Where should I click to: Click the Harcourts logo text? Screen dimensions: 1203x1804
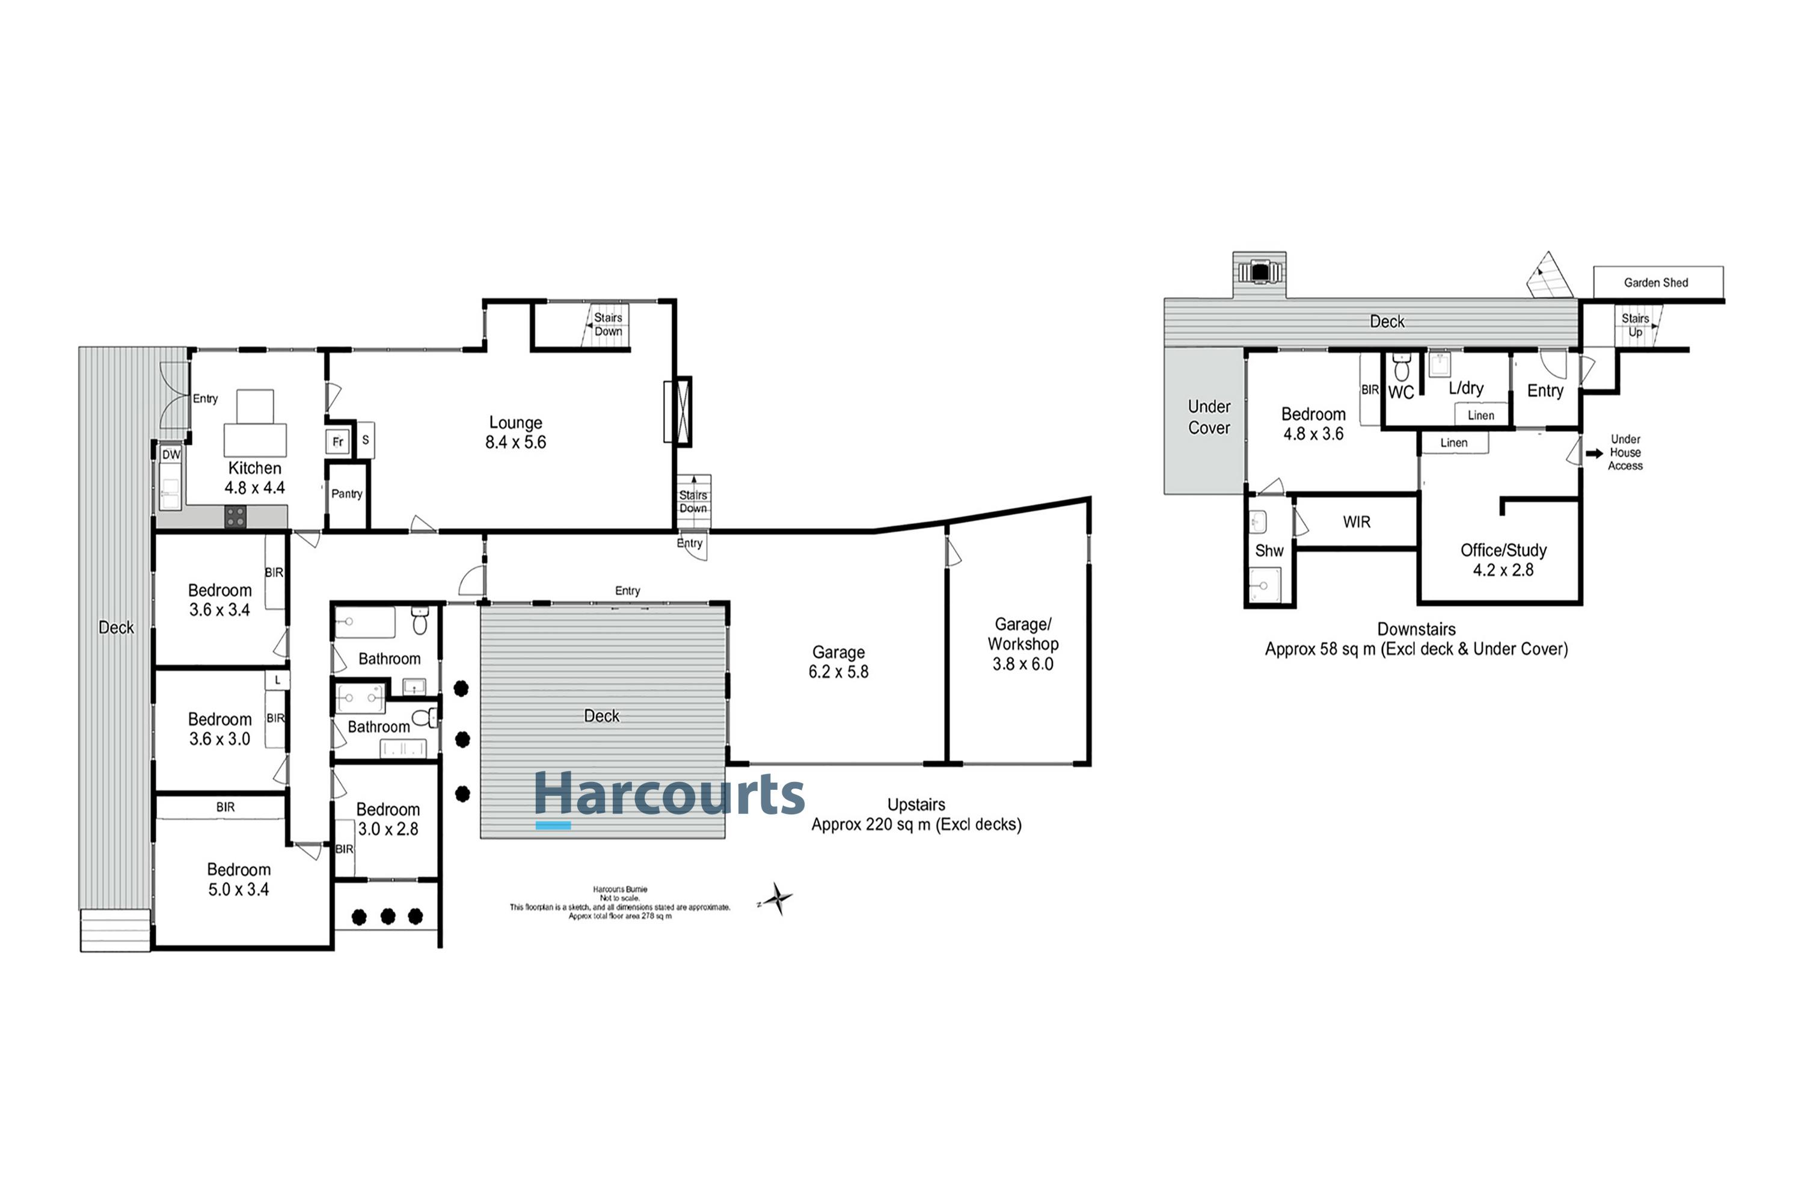coord(669,795)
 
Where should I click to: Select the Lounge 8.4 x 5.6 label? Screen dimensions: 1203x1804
coord(515,432)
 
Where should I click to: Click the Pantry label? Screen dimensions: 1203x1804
coord(347,494)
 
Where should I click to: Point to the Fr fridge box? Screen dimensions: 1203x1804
coord(337,442)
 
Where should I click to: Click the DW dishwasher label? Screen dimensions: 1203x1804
coord(171,455)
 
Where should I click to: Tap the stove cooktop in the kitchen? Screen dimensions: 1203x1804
coord(236,516)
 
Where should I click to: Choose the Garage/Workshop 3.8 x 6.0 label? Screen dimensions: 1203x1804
coord(1022,644)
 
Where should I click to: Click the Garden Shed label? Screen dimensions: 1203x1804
coord(1656,282)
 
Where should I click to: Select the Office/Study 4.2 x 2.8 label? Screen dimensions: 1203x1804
coord(1503,560)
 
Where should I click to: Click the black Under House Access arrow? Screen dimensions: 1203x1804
coord(1595,454)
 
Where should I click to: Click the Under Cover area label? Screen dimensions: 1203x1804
coord(1209,417)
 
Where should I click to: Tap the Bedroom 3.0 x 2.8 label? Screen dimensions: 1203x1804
coord(388,819)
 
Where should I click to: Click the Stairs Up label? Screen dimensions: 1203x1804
coord(1634,325)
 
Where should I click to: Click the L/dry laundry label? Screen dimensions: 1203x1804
coord(1466,388)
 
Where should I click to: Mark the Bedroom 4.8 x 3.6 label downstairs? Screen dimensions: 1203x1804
coord(1313,424)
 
